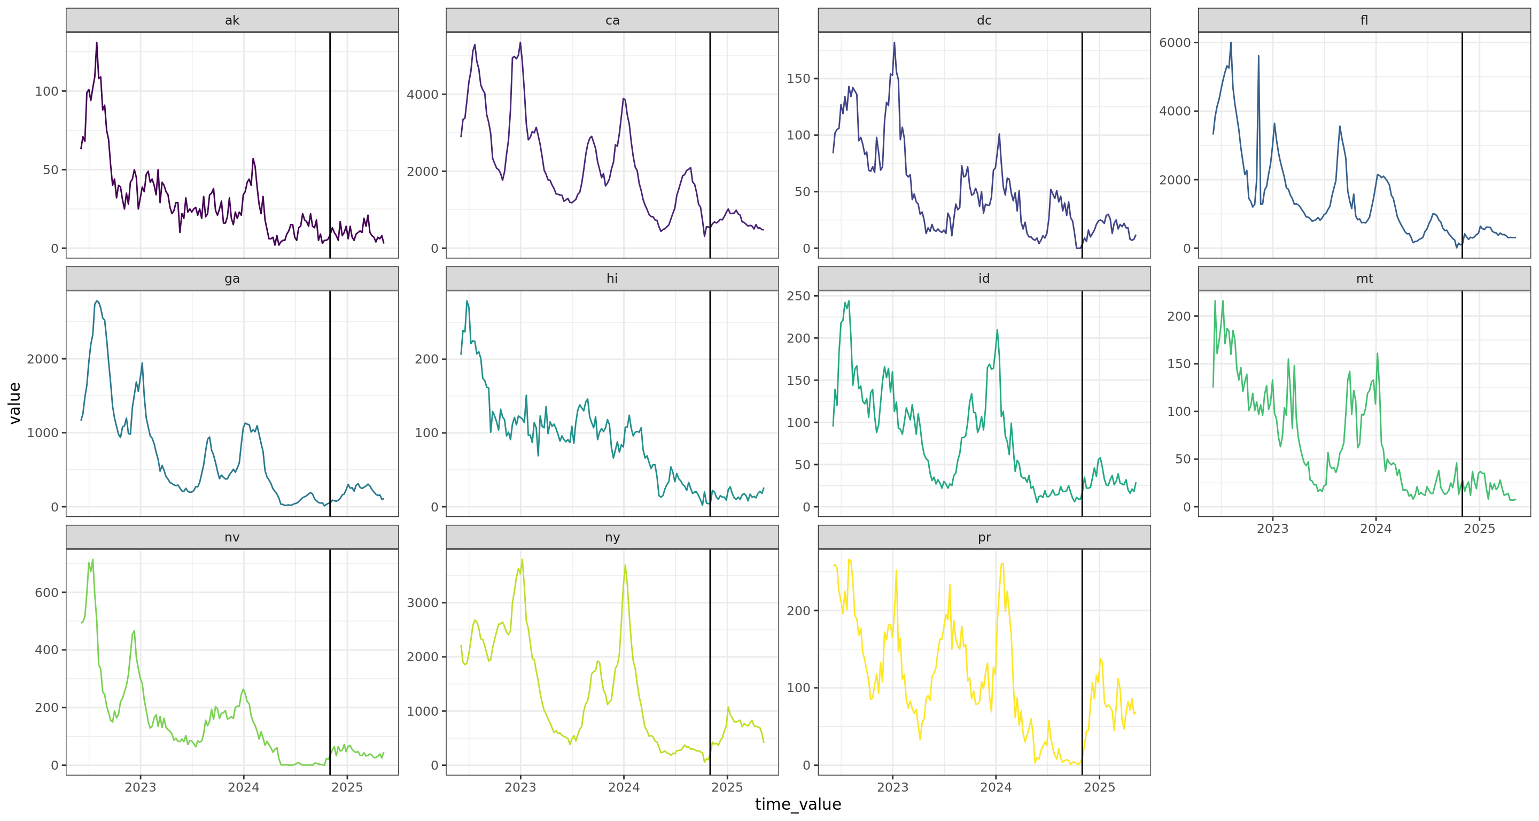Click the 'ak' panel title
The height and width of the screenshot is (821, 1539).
pos(232,20)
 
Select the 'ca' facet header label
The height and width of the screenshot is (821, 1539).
pos(612,20)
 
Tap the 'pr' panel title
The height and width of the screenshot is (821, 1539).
pos(984,537)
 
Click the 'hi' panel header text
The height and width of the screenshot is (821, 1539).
pos(612,278)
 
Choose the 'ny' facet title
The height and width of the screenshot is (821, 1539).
pos(612,537)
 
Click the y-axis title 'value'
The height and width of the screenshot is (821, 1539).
pos(15,404)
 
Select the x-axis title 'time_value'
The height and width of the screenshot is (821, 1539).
pos(798,804)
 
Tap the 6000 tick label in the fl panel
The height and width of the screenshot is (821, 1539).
pos(1175,42)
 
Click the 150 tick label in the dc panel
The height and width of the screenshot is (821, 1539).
pos(798,78)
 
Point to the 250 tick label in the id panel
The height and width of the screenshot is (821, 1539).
pos(798,296)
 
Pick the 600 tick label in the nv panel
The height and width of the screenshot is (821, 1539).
pos(46,593)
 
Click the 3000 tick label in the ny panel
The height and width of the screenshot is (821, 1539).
pos(422,603)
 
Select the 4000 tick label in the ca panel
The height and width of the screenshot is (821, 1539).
pos(422,95)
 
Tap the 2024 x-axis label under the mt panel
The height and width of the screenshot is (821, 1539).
pos(1375,529)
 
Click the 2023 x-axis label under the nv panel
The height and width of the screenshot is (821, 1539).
pos(141,787)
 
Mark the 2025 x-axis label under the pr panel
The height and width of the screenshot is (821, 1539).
pos(1099,787)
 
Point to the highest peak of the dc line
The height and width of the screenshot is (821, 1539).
pos(895,43)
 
